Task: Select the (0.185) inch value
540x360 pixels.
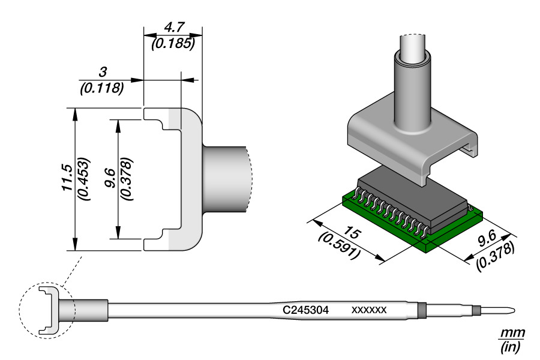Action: (x=173, y=43)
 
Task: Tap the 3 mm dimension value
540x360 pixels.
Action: (x=102, y=73)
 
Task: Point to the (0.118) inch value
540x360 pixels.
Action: (x=102, y=88)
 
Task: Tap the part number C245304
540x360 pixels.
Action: (x=307, y=310)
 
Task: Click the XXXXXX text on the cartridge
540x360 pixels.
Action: (x=368, y=310)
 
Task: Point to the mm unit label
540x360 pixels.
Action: (x=511, y=333)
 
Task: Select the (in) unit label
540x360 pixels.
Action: (x=511, y=346)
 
